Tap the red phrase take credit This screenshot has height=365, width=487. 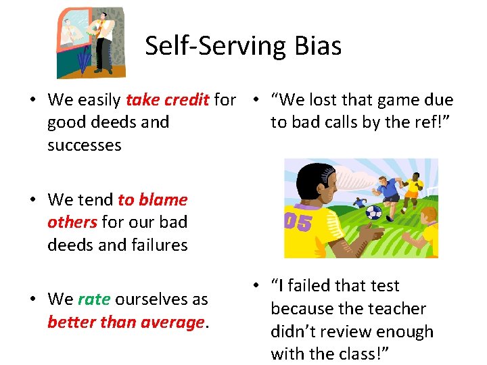point(168,100)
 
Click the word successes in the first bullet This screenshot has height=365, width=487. point(85,145)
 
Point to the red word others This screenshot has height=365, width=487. point(72,222)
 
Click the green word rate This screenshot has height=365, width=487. point(93,299)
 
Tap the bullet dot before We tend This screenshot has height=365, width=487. point(32,200)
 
